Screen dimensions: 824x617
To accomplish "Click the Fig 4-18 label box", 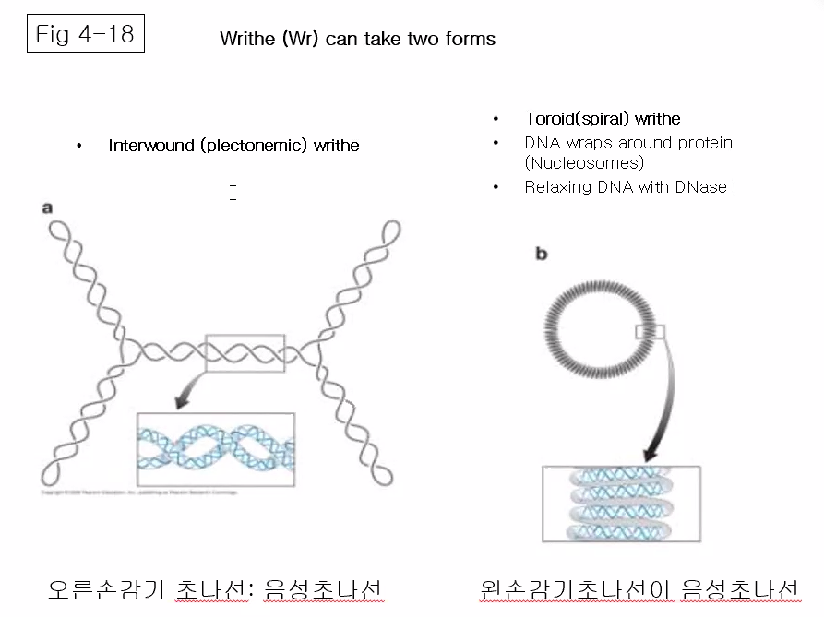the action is pos(85,35).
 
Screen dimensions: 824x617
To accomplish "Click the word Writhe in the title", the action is pos(246,39).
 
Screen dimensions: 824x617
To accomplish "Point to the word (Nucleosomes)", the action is pos(584,163).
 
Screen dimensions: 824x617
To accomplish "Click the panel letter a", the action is pos(47,208).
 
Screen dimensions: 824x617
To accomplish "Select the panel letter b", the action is pos(542,254).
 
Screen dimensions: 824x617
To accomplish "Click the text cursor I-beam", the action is pos(233,193).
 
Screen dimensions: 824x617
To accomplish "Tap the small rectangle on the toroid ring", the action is pos(651,332).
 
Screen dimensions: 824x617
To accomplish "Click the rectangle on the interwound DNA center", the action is pos(245,353).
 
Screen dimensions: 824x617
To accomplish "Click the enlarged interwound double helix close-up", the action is pos(215,449).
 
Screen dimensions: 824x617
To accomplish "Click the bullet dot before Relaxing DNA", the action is pos(496,187).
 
